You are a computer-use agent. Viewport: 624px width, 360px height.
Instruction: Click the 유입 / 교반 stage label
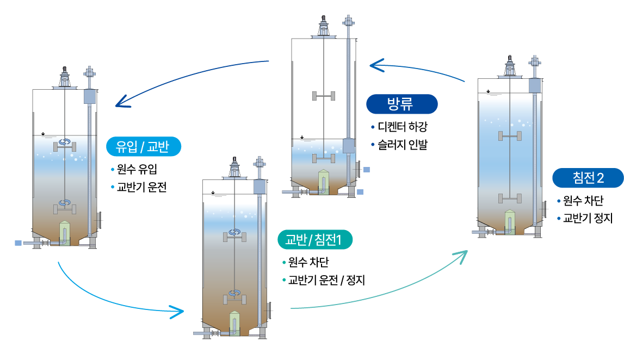(144, 147)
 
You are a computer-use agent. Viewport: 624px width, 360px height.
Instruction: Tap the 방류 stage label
(402, 104)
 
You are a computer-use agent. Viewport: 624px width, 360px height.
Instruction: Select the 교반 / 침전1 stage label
(315, 239)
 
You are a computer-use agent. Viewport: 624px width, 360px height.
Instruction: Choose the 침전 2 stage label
(588, 178)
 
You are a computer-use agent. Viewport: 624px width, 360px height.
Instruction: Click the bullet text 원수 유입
(137, 169)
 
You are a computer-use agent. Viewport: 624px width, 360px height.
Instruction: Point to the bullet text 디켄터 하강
(403, 127)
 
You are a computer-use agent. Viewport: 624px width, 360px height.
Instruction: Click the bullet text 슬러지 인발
(403, 145)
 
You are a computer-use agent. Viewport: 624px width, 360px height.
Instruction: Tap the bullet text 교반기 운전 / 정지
(326, 280)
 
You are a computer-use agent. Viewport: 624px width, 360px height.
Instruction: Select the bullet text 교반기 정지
(588, 218)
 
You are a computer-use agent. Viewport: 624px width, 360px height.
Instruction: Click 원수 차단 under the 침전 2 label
(583, 200)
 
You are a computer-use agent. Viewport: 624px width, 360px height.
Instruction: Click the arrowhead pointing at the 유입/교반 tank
(122, 102)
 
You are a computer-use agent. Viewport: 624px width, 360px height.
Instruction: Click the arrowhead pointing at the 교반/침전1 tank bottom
(177, 312)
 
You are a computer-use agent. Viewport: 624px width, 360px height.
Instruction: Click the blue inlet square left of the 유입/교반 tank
(18, 243)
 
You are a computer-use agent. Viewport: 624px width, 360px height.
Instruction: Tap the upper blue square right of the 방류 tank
(367, 170)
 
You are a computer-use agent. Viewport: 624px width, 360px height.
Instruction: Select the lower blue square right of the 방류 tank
(360, 192)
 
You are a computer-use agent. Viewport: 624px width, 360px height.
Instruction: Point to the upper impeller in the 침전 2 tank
(510, 136)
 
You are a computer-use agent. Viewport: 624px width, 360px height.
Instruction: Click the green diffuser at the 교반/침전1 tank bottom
(235, 324)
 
